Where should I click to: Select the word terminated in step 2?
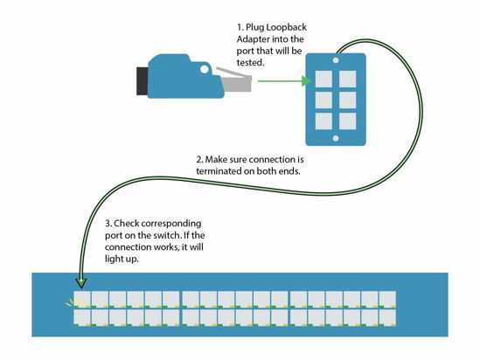[222, 172]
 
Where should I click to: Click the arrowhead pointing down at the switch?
[81, 281]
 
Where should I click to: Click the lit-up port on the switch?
[82, 299]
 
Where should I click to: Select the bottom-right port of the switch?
[387, 318]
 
